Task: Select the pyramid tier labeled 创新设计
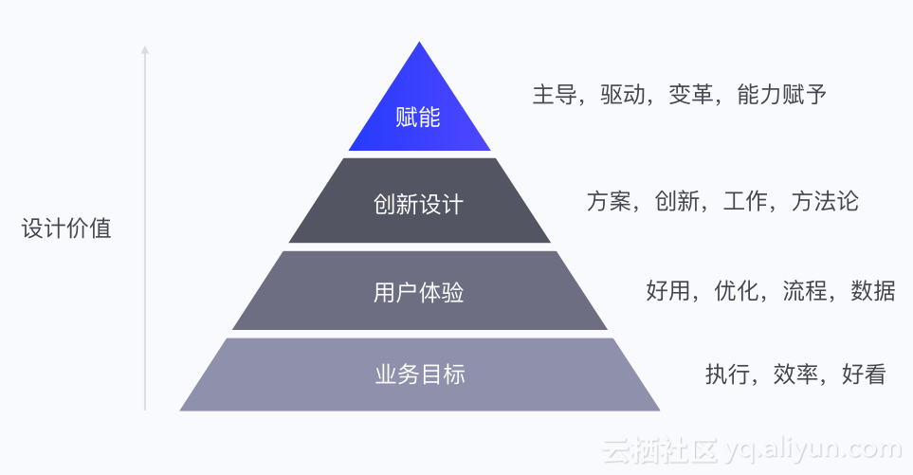pyautogui.click(x=419, y=204)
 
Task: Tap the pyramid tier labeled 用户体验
pyautogui.click(x=419, y=292)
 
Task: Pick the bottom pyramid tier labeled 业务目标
pyautogui.click(x=419, y=374)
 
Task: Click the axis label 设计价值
pyautogui.click(x=66, y=229)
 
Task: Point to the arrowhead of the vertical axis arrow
pyautogui.click(x=145, y=47)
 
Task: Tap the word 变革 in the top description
pyautogui.click(x=691, y=95)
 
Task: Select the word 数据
pyautogui.click(x=873, y=290)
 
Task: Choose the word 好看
pyautogui.click(x=864, y=374)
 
